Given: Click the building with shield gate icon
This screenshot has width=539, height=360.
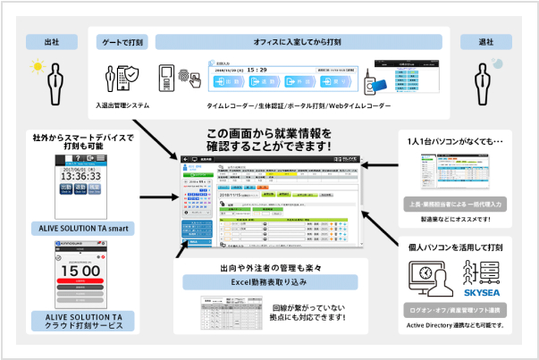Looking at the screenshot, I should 121,80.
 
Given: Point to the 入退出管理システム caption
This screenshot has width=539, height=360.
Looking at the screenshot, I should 122,105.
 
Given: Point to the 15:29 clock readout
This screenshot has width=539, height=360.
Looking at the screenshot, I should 257,68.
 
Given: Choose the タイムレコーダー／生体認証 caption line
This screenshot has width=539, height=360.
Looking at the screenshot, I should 268,105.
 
